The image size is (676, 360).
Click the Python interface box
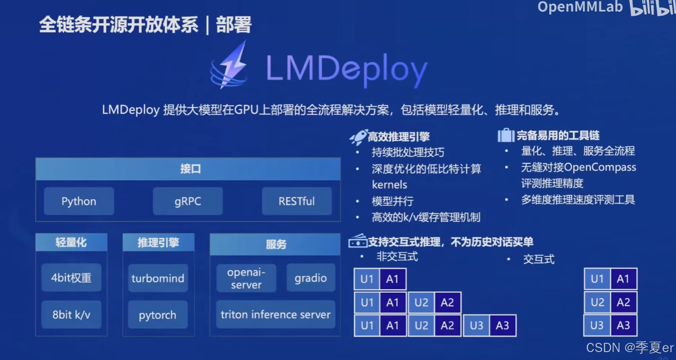pos(79,201)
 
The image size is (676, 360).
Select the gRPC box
pos(188,201)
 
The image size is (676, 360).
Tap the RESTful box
pos(296,201)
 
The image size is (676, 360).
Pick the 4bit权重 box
pos(71,278)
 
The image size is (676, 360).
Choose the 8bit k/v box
pos(71,315)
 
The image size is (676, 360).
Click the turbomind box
pos(158,278)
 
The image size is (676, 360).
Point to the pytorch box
pos(158,315)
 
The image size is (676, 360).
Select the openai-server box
pos(246,278)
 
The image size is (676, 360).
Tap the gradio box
pos(311,278)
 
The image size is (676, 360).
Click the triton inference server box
pos(275,315)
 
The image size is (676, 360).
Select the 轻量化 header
pos(71,242)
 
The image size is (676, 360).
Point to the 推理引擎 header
pos(158,242)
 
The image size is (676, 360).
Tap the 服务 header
pos(275,244)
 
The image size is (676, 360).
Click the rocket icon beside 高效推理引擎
pos(358,137)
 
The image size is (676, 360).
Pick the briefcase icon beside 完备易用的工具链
pos(506,135)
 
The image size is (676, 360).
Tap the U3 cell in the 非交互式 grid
pos(476,325)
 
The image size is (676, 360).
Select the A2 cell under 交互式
pos(624,303)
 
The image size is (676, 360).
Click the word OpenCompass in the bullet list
pos(600,167)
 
